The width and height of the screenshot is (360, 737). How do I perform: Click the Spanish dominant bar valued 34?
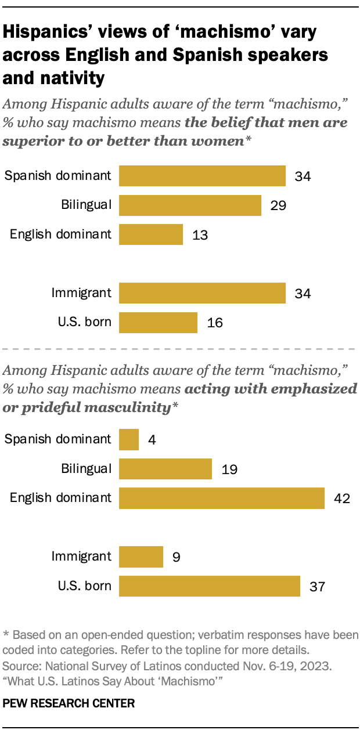click(202, 176)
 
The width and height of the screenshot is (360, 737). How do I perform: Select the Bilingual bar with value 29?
click(190, 205)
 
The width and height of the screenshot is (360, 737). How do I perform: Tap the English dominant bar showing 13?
click(151, 234)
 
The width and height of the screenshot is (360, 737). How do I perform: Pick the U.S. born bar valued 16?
click(158, 323)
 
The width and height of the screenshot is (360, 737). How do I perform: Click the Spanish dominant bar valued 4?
click(129, 439)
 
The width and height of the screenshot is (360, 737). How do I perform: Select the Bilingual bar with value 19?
click(165, 469)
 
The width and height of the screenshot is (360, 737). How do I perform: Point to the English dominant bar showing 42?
click(221, 498)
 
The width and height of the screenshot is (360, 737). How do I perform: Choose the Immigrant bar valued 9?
click(141, 557)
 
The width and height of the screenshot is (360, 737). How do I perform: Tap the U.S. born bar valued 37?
click(209, 586)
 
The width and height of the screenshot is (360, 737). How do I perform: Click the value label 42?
click(340, 498)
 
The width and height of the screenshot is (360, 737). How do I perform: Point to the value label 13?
click(199, 235)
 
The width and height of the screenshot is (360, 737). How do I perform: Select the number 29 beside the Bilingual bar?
click(277, 205)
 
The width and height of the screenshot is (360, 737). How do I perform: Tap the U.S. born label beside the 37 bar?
click(85, 586)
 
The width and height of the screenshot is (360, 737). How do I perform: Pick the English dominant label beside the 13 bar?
click(60, 234)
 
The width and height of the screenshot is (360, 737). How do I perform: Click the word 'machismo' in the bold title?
click(224, 32)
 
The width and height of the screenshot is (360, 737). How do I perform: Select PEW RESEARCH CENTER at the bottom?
click(69, 703)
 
